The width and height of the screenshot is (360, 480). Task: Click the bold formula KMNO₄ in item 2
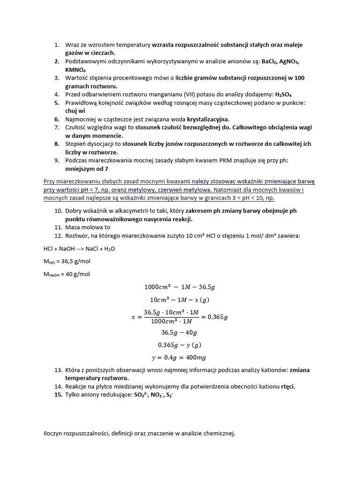[75, 69]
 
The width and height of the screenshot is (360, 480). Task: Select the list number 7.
[56, 127]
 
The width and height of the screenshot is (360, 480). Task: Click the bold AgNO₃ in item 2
[289, 61]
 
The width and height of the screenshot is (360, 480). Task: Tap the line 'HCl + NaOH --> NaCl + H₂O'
[79, 249]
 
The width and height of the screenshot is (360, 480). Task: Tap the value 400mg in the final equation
[195, 358]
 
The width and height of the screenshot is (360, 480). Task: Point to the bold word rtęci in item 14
[288, 387]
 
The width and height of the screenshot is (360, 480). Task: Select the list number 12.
[58, 236]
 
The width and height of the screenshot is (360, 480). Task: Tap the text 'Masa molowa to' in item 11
[88, 227]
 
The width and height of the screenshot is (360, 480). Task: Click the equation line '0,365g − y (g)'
[180, 345]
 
